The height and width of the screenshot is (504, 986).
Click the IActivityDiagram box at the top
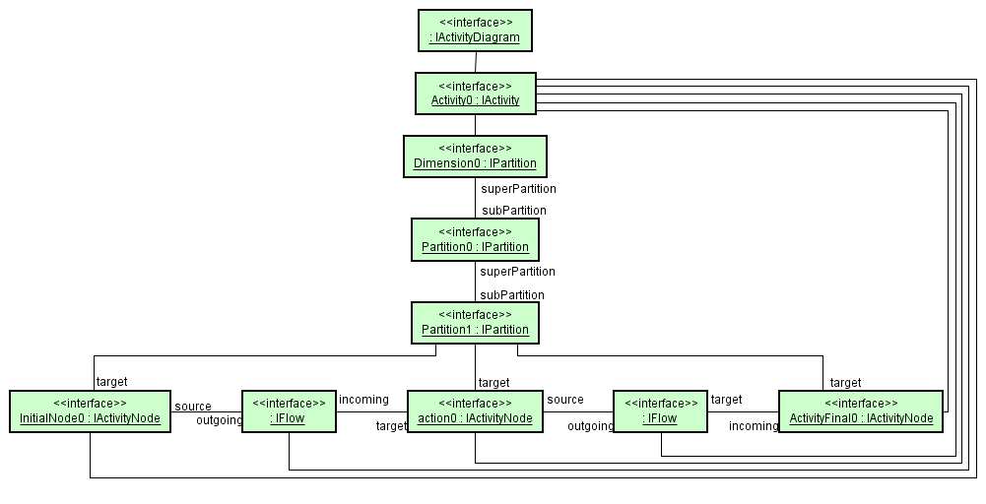pos(475,31)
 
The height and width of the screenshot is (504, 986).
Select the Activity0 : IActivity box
pos(475,94)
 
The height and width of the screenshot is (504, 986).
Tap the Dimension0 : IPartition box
pos(475,157)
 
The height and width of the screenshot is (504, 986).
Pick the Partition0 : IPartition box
pos(475,239)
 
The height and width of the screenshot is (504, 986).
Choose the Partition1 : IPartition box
pos(475,322)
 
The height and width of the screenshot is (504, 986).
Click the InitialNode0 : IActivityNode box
pos(90,411)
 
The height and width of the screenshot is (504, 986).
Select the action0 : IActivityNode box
pos(475,411)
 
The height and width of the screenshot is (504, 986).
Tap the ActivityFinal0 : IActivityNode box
pos(860,411)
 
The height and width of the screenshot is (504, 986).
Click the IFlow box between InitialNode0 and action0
pos(289,411)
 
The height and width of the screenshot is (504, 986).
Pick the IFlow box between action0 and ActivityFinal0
pos(661,411)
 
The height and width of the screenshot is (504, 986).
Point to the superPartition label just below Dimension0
pos(518,188)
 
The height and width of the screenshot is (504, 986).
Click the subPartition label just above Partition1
pos(512,294)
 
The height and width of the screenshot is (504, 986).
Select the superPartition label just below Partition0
pos(517,271)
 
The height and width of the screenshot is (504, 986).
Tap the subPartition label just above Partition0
pos(513,210)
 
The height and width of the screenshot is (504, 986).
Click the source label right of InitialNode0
pos(193,406)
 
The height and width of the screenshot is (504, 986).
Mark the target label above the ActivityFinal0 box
pos(845,382)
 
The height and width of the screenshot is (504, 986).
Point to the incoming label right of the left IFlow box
pos(363,399)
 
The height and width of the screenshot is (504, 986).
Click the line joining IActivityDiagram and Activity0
pos(475,62)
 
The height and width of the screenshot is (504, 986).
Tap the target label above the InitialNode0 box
pos(111,381)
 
